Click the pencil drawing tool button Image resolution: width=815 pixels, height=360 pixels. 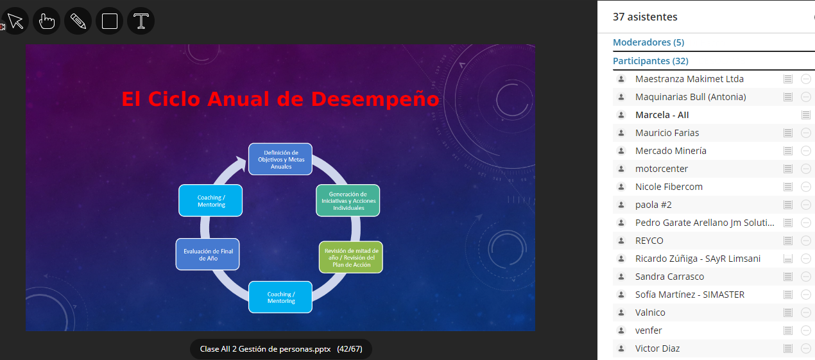[x=78, y=21]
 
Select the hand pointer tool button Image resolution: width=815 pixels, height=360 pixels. [x=47, y=21]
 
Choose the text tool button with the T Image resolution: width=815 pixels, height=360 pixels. [x=141, y=21]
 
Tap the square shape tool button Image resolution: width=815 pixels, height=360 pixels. [x=110, y=21]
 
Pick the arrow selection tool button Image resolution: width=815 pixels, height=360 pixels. [x=15, y=21]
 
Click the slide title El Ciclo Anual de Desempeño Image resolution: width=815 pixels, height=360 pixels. [x=280, y=99]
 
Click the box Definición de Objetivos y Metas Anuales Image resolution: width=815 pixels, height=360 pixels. [x=280, y=159]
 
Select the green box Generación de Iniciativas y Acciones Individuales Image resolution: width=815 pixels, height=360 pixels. [x=348, y=201]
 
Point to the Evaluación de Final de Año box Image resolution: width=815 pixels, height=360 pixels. [x=208, y=255]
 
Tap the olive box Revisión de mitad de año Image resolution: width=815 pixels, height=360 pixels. [x=351, y=257]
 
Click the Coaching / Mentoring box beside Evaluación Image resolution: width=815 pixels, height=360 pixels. [x=210, y=201]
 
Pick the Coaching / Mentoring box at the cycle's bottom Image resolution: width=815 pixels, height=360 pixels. [x=280, y=297]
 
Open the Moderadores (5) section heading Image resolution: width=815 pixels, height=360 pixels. [x=648, y=42]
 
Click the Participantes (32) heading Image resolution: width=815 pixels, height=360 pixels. [x=651, y=61]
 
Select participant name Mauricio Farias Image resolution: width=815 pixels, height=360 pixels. [x=667, y=133]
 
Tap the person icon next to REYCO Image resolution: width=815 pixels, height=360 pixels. [x=621, y=241]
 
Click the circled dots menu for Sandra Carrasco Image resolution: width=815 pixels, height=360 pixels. [x=806, y=277]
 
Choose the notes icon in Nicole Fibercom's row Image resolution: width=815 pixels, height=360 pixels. [x=788, y=187]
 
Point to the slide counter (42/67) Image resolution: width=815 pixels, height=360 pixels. [x=350, y=349]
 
